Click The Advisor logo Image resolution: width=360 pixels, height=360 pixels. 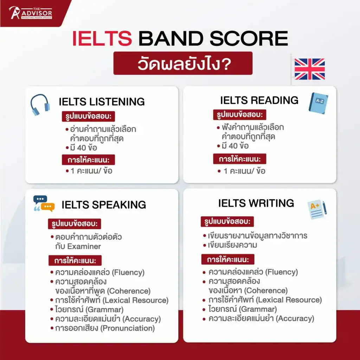point(30,13)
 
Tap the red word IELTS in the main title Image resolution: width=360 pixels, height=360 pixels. point(102,38)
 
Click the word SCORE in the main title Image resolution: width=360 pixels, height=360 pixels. point(249,38)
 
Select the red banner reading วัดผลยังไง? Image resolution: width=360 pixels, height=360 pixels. point(183,63)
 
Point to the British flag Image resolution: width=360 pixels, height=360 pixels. point(309,69)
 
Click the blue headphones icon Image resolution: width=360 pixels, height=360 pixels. point(40,104)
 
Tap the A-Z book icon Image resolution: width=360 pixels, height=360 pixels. point(318,103)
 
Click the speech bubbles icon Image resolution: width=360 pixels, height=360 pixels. point(44,204)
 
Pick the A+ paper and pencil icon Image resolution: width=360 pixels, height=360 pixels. point(317,210)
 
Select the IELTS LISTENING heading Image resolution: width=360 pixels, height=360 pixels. point(102,102)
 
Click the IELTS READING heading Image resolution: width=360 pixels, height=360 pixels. point(259,100)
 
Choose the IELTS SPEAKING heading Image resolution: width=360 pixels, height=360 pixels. point(104,205)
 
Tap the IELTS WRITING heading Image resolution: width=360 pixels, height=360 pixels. point(256,203)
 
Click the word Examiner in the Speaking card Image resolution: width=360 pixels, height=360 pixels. point(84,246)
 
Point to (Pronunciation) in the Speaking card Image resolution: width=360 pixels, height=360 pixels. point(128,328)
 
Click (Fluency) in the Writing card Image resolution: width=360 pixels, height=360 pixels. point(282,272)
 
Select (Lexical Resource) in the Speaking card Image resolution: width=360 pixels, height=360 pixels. point(135,300)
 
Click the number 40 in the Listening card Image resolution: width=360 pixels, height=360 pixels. point(82,148)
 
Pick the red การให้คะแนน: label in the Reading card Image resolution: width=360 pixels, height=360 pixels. point(239,159)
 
